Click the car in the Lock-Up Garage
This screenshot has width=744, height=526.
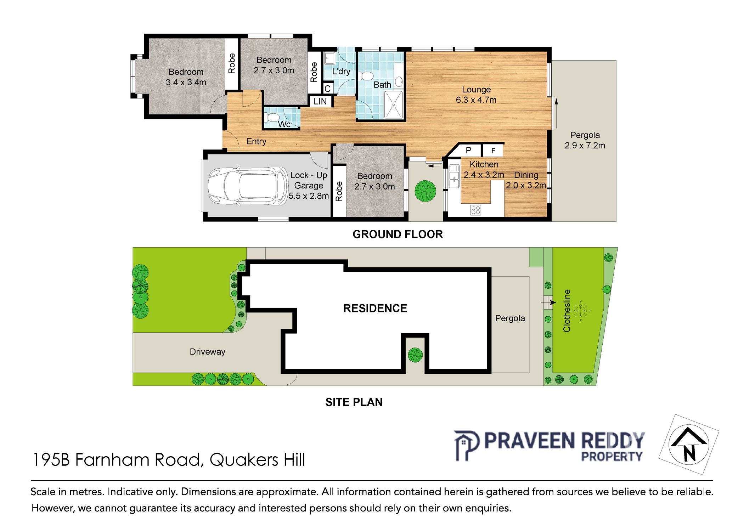248,186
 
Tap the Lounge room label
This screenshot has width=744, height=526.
476,90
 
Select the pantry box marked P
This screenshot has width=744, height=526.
468,150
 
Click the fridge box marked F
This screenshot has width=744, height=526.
493,151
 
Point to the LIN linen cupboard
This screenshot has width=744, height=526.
320,101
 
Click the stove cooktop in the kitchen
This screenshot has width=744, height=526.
475,210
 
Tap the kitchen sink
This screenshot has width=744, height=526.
454,176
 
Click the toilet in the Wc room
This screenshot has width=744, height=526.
272,117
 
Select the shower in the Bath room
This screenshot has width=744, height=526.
393,104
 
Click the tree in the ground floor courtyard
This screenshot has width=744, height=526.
425,191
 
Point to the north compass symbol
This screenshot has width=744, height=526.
689,445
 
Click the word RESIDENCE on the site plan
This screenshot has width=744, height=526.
375,308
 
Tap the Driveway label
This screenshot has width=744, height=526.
207,352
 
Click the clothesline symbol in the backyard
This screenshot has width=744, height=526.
580,311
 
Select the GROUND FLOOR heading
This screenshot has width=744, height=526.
398,234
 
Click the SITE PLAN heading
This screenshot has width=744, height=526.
354,402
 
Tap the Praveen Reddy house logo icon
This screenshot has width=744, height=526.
467,445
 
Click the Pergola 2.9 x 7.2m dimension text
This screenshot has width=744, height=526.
585,146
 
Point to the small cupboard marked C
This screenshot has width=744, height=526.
327,89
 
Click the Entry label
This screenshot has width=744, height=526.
256,141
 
